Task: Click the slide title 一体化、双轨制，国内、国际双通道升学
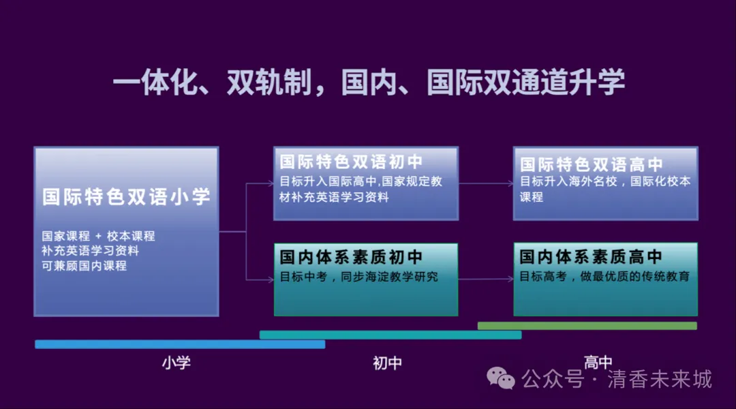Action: (x=369, y=82)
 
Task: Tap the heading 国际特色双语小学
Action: (x=126, y=197)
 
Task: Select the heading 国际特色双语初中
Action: (x=351, y=162)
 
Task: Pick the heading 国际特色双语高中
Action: (x=591, y=164)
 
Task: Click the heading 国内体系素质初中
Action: (x=351, y=257)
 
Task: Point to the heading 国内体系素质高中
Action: (x=590, y=256)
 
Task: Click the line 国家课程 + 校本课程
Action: (x=98, y=236)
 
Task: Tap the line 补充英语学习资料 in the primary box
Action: (x=90, y=251)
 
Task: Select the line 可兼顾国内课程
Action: (x=84, y=266)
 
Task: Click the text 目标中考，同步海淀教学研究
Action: (x=358, y=277)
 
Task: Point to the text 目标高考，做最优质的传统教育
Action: (x=604, y=276)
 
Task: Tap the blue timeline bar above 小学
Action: (x=180, y=344)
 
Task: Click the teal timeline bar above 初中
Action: (x=390, y=335)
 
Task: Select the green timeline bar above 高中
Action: (x=587, y=325)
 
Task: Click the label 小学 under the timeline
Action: (x=177, y=363)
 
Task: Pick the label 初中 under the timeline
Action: (x=387, y=363)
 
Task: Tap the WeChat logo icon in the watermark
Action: (x=501, y=378)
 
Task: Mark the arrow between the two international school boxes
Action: (x=486, y=183)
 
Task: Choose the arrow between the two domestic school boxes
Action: (x=486, y=279)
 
